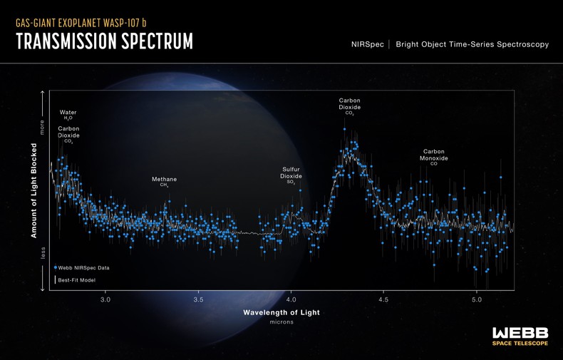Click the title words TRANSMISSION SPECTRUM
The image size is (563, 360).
pos(104,42)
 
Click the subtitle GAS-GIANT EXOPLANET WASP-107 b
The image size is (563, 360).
pos(81,23)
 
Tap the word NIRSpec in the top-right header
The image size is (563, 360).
pos(367,44)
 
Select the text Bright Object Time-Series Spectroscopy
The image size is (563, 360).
pos(472,44)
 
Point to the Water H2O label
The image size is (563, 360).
pos(68,114)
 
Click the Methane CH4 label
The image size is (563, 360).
pos(164,181)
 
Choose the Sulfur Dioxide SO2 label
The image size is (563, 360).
pos(291,175)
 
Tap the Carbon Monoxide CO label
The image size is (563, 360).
pos(433,157)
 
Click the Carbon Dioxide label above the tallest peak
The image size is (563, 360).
pos(349,106)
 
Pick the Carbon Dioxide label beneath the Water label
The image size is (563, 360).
pos(68,134)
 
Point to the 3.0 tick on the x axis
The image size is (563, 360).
pos(105,300)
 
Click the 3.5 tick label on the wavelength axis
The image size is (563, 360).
pos(198,300)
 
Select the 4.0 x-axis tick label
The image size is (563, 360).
pos(291,300)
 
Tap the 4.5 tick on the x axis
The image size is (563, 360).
pos(383,300)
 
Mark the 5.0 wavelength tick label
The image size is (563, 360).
pos(476,300)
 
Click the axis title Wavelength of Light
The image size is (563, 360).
pos(281,312)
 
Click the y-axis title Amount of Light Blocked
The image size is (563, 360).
pos(33,190)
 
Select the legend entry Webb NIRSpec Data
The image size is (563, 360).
pos(83,268)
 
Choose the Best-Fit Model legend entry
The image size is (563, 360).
pos(76,280)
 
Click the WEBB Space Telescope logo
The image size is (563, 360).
pos(520,336)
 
